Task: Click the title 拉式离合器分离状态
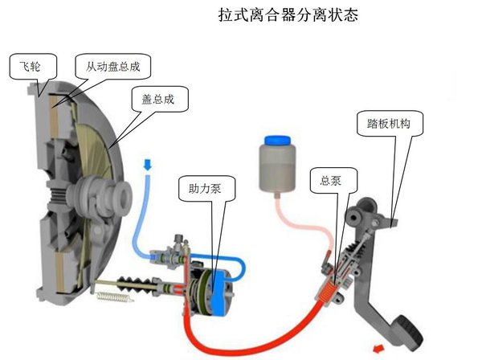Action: click(x=288, y=14)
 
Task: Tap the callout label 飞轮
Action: click(x=30, y=66)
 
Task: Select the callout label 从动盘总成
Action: click(x=112, y=67)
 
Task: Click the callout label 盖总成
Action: click(x=157, y=99)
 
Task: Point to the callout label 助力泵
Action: click(x=205, y=188)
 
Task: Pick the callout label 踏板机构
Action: click(x=389, y=123)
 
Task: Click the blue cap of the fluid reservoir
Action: click(x=278, y=141)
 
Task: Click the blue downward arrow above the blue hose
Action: click(x=148, y=165)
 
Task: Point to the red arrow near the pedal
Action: click(x=378, y=349)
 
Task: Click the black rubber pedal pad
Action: click(x=409, y=333)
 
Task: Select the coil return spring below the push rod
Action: click(x=114, y=297)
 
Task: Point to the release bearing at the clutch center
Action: click(x=104, y=195)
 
